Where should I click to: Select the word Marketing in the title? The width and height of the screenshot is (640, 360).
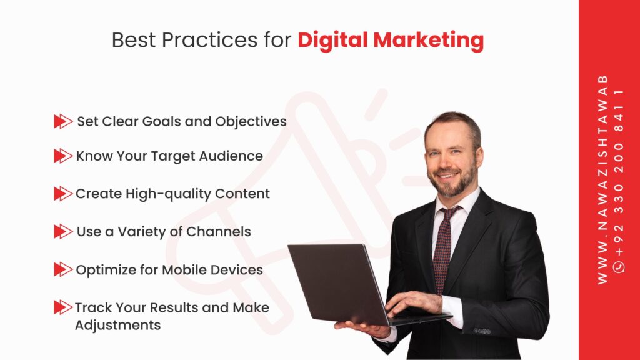[429, 41]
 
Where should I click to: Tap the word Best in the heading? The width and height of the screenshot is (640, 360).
[134, 40]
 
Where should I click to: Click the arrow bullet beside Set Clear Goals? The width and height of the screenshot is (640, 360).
[63, 121]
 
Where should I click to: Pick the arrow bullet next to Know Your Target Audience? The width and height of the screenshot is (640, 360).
[63, 156]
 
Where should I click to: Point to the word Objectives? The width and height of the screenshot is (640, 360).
[251, 122]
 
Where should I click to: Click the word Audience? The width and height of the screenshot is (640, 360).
[231, 156]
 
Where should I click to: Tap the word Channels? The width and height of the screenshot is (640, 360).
[218, 231]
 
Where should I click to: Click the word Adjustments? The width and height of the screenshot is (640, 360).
[118, 326]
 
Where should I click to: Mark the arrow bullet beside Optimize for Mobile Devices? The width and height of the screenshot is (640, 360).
[63, 269]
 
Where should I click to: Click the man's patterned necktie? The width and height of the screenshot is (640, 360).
[444, 249]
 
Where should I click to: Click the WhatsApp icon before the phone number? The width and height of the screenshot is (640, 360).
[619, 267]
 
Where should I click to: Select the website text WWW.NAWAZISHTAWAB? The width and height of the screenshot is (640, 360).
[602, 179]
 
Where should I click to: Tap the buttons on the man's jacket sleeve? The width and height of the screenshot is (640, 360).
[482, 331]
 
